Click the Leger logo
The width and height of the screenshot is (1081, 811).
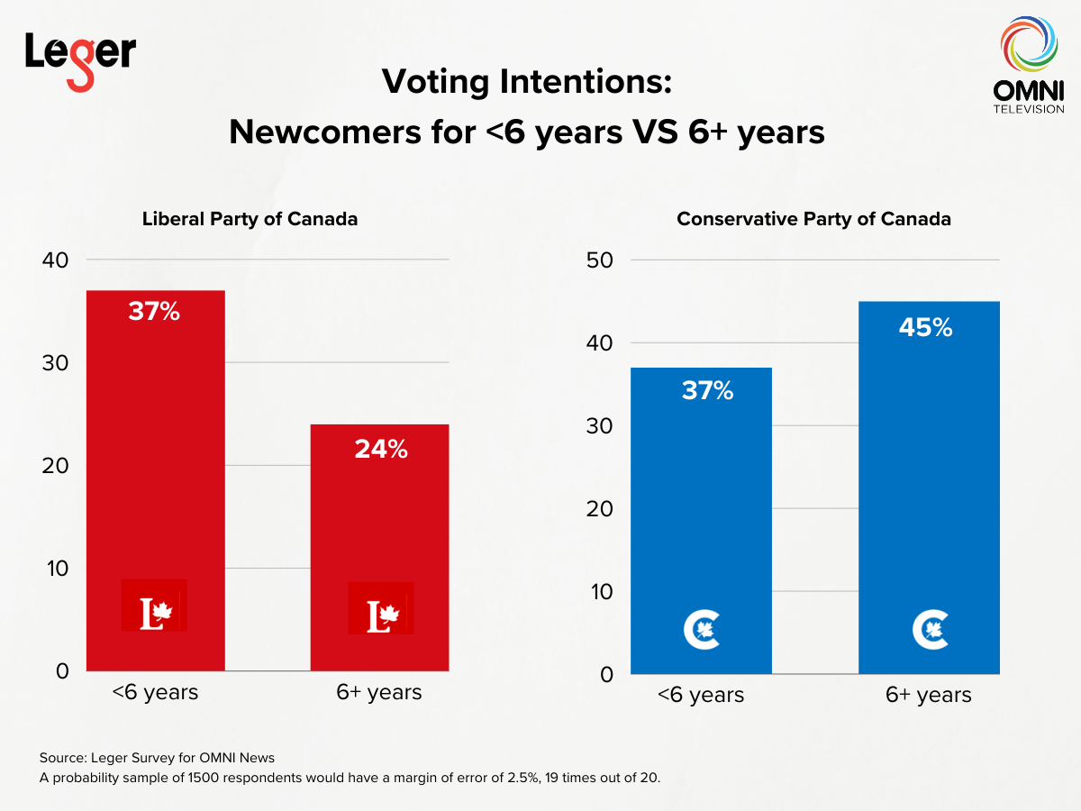[80, 59]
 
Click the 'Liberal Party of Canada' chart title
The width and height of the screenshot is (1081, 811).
[250, 219]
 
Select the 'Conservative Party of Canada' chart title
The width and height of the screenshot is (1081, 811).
[813, 219]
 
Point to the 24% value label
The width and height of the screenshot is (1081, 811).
[380, 449]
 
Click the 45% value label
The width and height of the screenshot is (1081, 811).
[925, 328]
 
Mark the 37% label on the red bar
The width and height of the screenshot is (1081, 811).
[154, 313]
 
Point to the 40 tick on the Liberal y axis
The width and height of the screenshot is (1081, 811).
[55, 260]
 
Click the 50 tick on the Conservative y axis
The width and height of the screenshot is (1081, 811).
[600, 260]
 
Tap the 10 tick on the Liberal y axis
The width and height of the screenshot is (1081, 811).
[57, 569]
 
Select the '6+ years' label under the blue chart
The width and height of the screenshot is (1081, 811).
[929, 695]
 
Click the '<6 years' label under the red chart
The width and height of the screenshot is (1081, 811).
[155, 692]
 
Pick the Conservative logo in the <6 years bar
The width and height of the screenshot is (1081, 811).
[701, 629]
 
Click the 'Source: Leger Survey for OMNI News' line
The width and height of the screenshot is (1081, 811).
[169, 757]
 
